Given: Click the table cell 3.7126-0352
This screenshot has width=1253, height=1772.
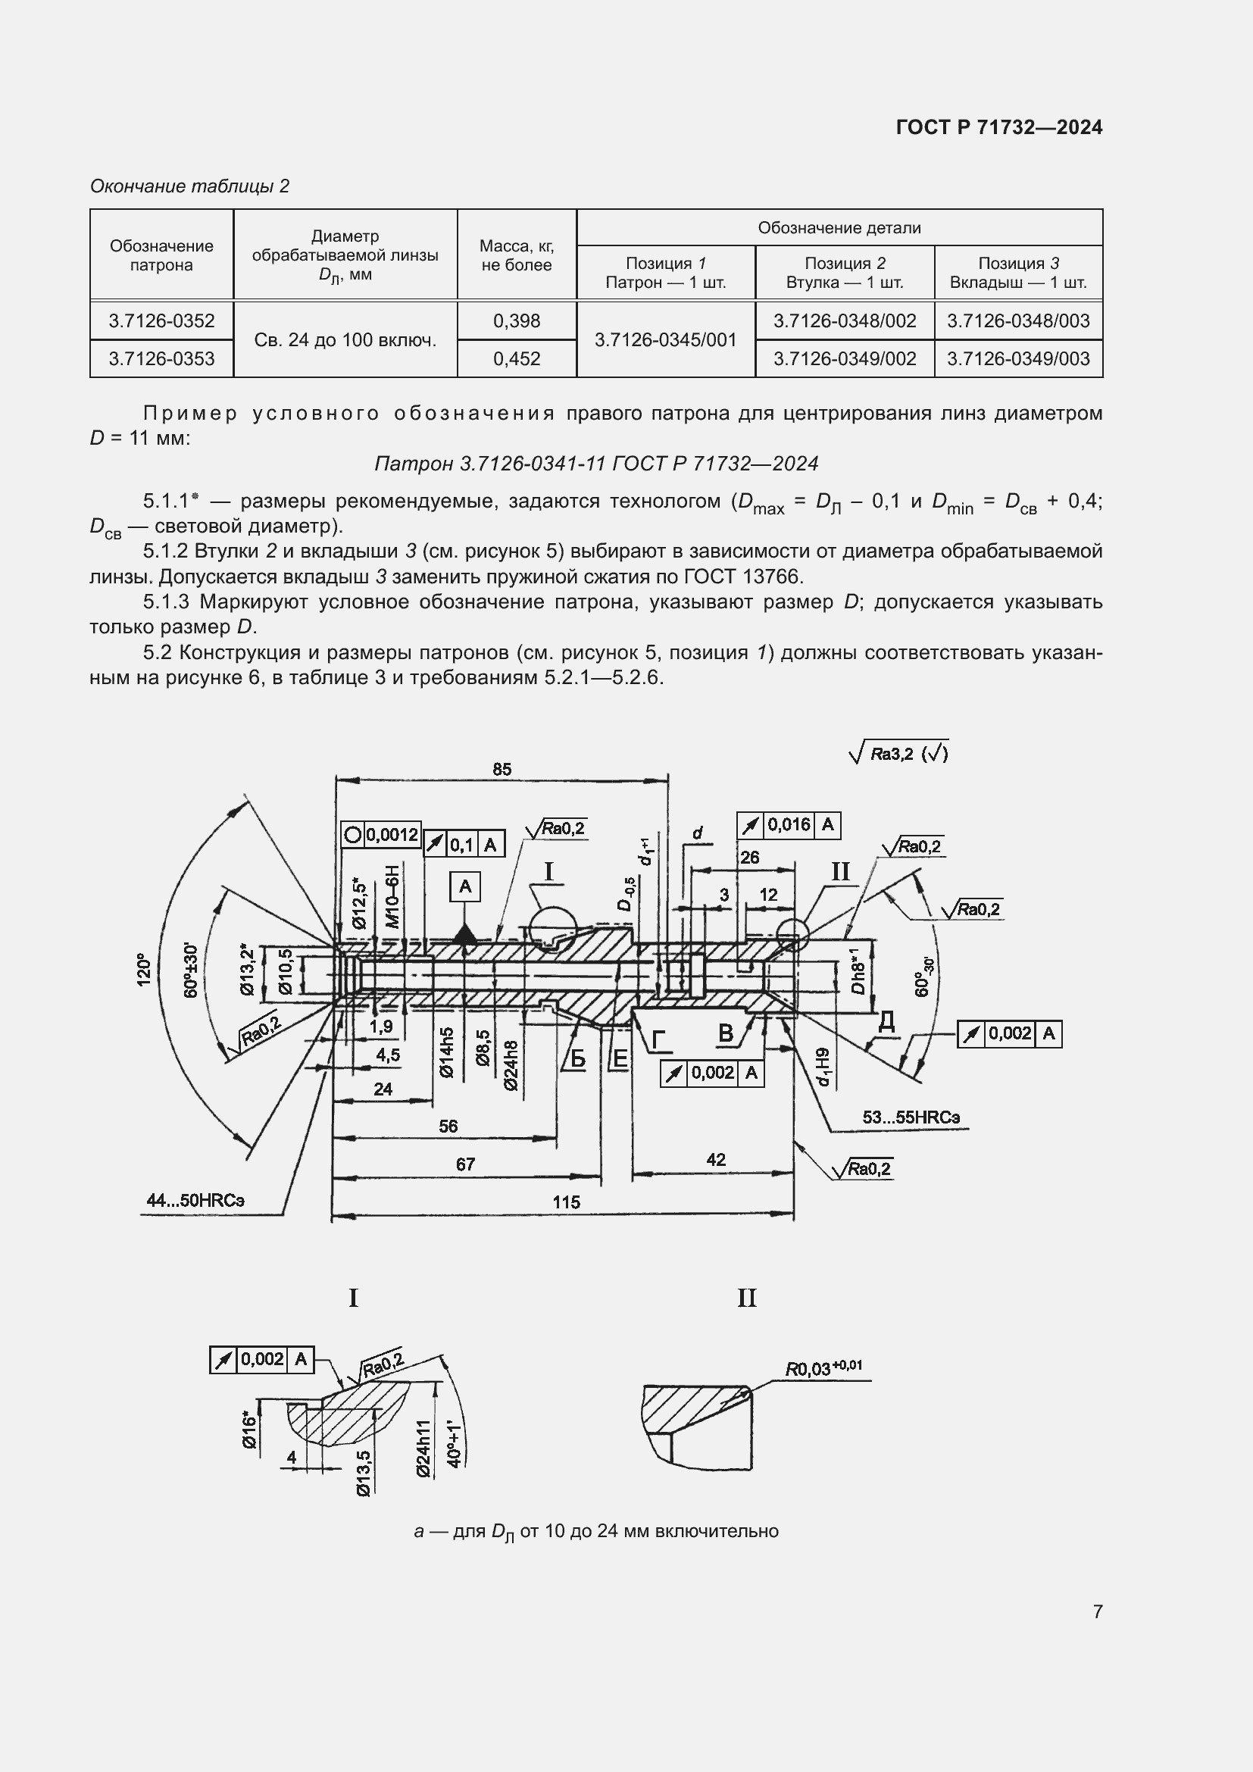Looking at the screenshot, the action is click(x=161, y=321).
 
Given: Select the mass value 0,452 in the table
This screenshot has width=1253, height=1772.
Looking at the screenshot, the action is click(x=516, y=359).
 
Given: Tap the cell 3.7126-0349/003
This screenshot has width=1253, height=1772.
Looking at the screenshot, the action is click(x=1017, y=359).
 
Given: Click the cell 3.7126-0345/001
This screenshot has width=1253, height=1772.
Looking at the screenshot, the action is click(x=665, y=339).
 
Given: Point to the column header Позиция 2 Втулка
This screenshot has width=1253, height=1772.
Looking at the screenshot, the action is click(x=844, y=273).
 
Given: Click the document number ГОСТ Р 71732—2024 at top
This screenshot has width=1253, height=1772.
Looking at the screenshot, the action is click(x=999, y=127).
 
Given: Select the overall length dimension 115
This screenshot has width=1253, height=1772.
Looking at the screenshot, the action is click(x=566, y=1202).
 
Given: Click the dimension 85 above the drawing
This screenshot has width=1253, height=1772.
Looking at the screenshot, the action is click(x=502, y=770).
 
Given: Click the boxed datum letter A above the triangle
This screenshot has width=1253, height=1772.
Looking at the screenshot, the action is click(x=465, y=887).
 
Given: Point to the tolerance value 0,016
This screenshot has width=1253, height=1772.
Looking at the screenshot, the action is click(x=789, y=825).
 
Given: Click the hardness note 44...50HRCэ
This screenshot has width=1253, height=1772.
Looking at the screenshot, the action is click(x=195, y=1200).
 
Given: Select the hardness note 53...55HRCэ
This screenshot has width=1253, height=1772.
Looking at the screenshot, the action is click(x=911, y=1117).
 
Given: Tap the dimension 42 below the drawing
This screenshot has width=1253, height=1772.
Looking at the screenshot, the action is click(x=715, y=1159).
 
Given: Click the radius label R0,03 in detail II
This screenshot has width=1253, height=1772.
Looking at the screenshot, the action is click(x=823, y=1368).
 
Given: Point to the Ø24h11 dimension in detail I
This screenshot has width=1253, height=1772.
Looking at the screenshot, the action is click(x=423, y=1449).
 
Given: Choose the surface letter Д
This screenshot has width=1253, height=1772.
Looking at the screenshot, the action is click(x=886, y=1022).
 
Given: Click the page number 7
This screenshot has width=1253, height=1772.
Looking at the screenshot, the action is click(x=1097, y=1611).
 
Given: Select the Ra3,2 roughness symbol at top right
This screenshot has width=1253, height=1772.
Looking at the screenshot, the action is click(x=898, y=753).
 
